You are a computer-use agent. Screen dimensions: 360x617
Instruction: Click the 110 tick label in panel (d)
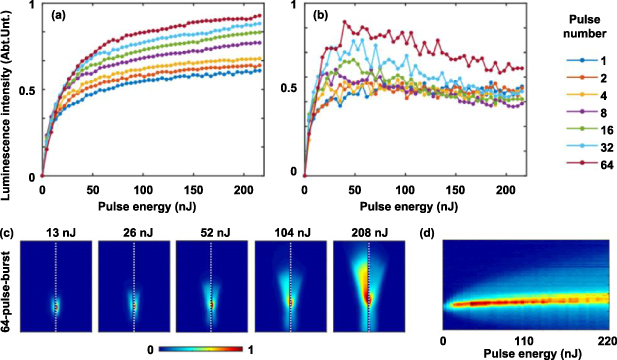point(526,339)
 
